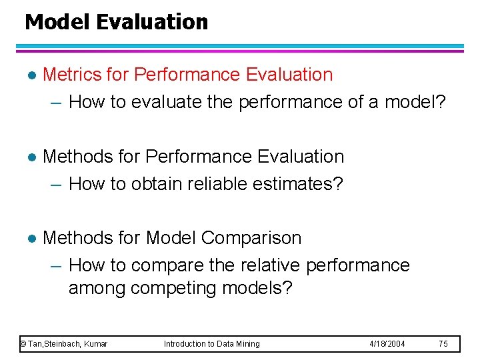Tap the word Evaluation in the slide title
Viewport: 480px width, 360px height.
tap(152, 22)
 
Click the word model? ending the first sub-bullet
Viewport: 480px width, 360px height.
tap(415, 102)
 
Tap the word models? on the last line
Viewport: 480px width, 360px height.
tap(261, 289)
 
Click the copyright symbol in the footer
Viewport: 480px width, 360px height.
tap(23, 344)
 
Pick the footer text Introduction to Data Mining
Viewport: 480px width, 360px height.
tap(212, 344)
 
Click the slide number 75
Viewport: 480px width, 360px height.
tap(443, 344)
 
